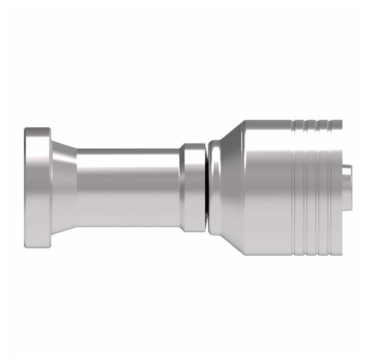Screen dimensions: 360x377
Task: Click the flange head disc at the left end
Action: [36, 187]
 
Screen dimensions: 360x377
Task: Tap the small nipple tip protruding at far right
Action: [347, 187]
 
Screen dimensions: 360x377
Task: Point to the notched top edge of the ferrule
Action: [315, 123]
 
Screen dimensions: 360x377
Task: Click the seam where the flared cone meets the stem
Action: [77, 187]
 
